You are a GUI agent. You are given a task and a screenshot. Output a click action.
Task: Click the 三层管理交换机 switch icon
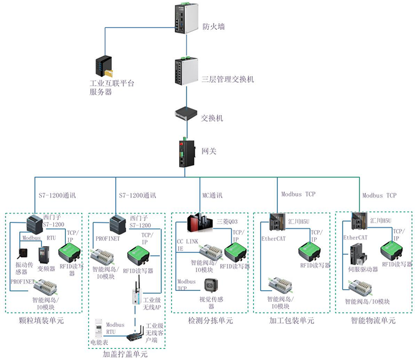[x=184, y=71]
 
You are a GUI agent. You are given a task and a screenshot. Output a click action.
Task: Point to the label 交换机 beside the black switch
[x=212, y=118]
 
